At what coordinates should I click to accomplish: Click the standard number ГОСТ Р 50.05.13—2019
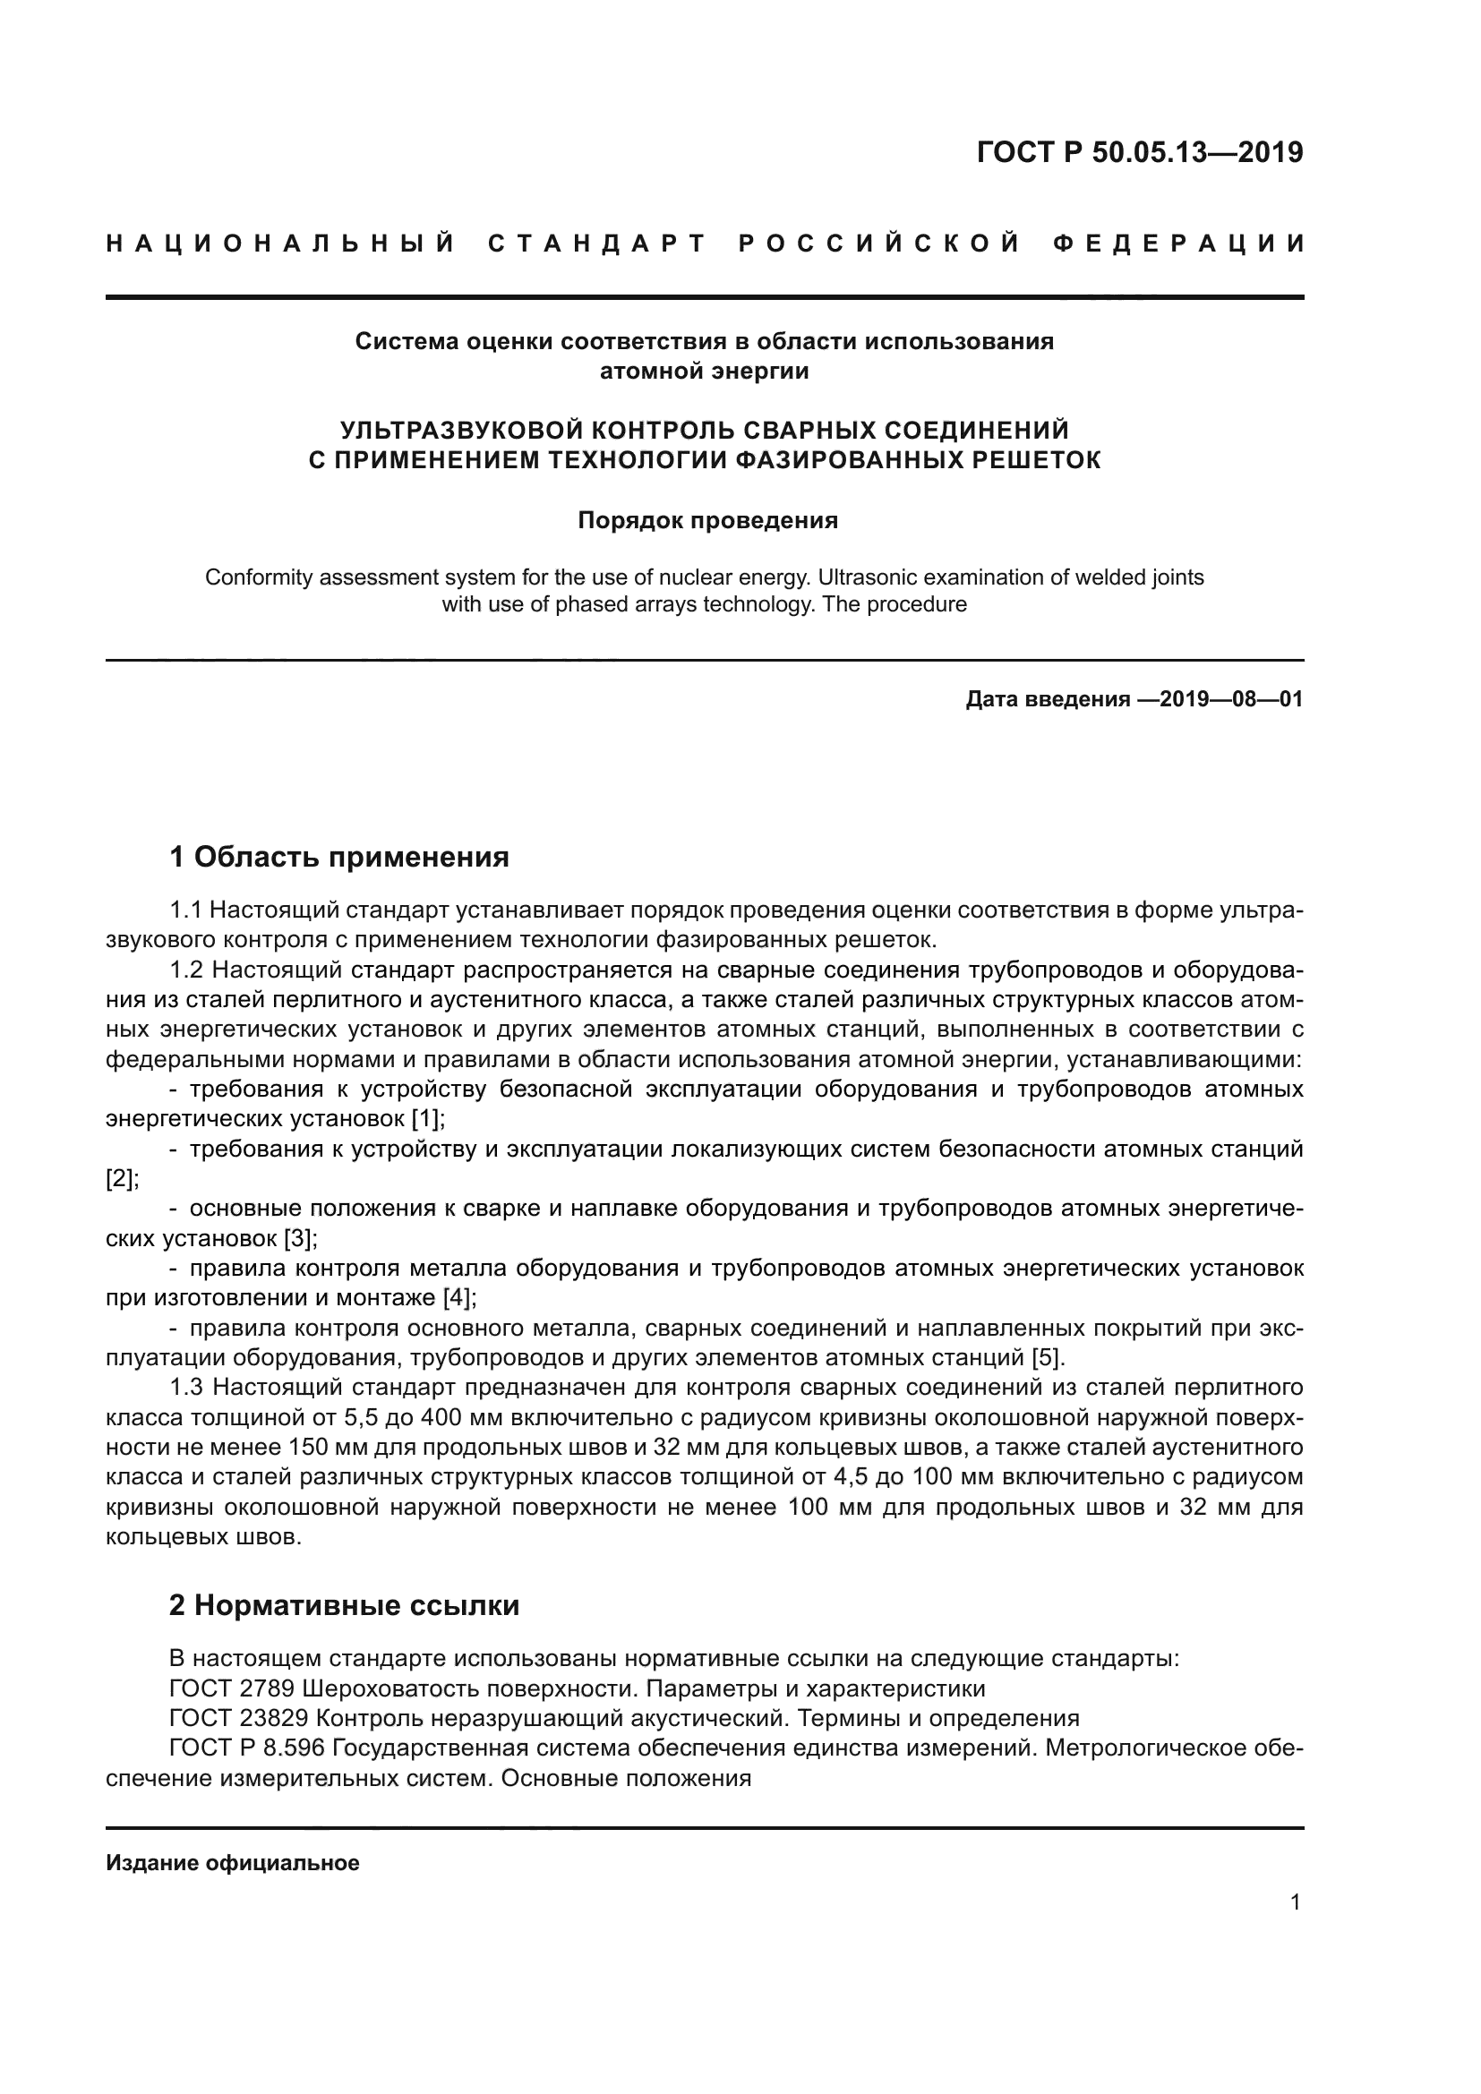tap(1139, 152)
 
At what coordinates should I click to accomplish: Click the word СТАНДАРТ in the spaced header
tap(597, 244)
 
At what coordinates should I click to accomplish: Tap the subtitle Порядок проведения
tap(707, 521)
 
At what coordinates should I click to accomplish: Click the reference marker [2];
tap(122, 1178)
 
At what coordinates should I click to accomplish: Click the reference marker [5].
tap(1048, 1358)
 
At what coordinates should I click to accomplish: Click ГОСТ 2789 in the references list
tap(232, 1688)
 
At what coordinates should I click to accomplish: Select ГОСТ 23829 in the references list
tap(239, 1718)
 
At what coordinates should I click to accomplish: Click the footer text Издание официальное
tap(233, 1863)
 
